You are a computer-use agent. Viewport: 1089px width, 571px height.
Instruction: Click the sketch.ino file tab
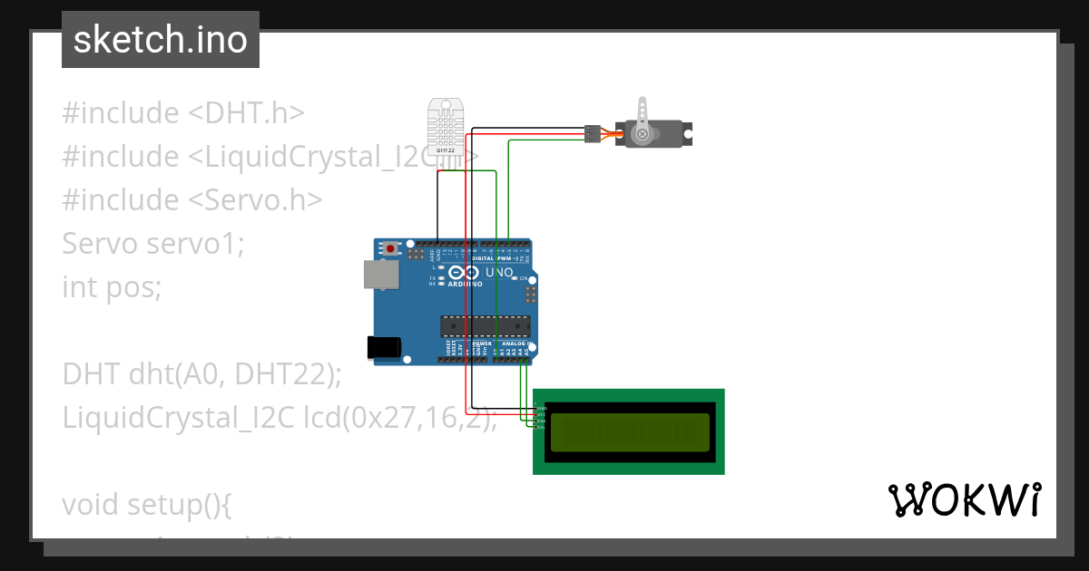pos(161,41)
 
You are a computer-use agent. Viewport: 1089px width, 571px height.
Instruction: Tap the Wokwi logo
pos(964,500)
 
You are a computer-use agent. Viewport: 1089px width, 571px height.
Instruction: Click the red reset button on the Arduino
pos(391,247)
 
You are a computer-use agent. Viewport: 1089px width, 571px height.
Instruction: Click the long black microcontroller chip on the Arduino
pos(485,324)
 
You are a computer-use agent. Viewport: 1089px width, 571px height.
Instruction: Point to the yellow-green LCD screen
pos(629,431)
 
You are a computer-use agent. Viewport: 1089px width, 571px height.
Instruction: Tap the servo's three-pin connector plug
pos(592,134)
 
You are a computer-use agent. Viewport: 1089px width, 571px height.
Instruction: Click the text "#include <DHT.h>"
pos(183,113)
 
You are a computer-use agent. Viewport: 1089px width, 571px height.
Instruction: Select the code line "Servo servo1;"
pos(153,244)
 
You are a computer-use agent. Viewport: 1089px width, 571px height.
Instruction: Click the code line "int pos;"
pos(112,287)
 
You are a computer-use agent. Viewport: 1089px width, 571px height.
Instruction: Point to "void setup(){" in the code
pos(148,504)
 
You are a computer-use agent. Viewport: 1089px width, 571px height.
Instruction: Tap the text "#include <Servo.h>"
pos(192,200)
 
